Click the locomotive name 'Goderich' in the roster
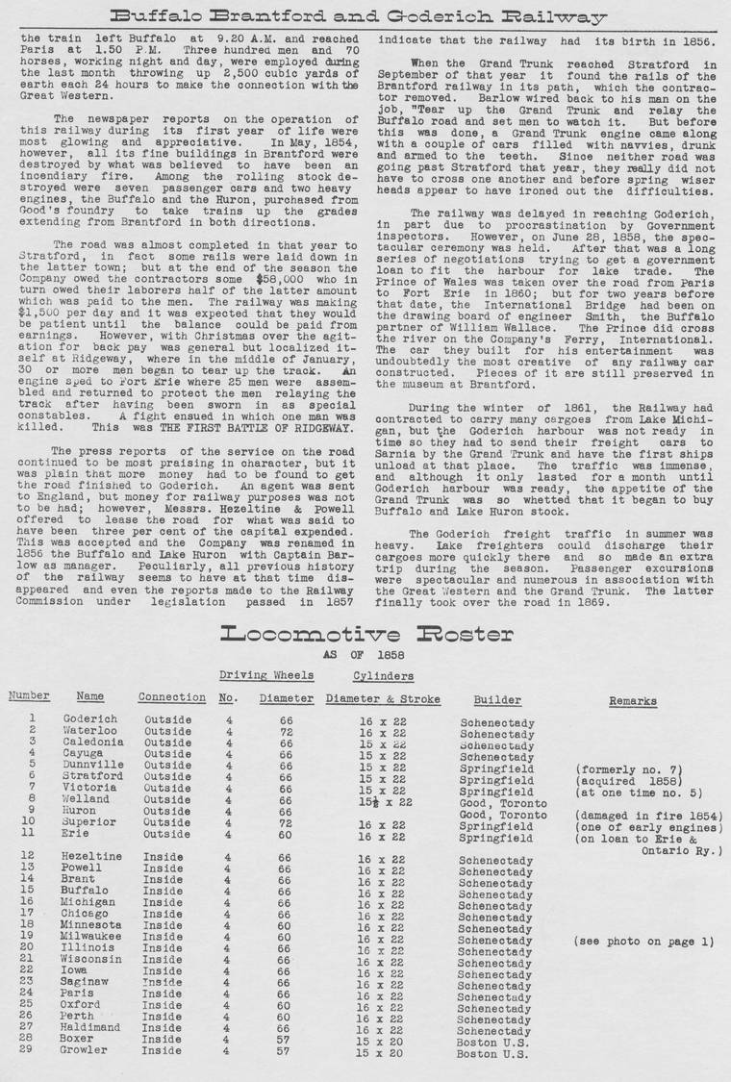(x=90, y=718)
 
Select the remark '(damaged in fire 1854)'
(x=648, y=816)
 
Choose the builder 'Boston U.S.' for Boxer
(x=493, y=1041)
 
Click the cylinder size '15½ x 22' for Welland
(x=385, y=801)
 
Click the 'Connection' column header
(x=171, y=697)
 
